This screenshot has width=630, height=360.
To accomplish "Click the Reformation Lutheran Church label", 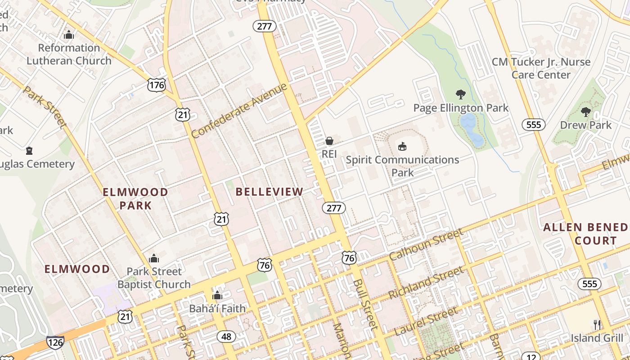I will pyautogui.click(x=69, y=54).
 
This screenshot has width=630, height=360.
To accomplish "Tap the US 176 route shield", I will pyautogui.click(x=157, y=85).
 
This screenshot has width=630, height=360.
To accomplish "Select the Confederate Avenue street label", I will pyautogui.click(x=239, y=111).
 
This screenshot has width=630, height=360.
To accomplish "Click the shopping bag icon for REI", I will pyautogui.click(x=329, y=141).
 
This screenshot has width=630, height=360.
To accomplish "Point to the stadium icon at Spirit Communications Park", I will pyautogui.click(x=402, y=146).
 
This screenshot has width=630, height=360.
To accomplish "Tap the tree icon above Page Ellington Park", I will pyautogui.click(x=460, y=94).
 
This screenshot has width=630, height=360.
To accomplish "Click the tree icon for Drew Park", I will pyautogui.click(x=585, y=112).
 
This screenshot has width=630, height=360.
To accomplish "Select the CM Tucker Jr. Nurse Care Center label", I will pyautogui.click(x=541, y=68).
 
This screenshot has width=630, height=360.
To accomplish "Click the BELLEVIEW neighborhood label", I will pyautogui.click(x=270, y=192).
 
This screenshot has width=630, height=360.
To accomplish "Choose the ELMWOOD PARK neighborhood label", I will pyautogui.click(x=135, y=198).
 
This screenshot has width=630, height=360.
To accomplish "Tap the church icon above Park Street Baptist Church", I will pyautogui.click(x=154, y=258).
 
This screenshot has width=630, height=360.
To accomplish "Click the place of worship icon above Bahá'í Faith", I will pyautogui.click(x=217, y=296).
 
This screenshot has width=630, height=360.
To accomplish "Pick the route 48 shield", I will pyautogui.click(x=226, y=336).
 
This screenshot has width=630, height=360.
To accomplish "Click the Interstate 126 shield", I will pyautogui.click(x=55, y=342).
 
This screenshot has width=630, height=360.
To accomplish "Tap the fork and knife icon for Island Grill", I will pyautogui.click(x=597, y=324).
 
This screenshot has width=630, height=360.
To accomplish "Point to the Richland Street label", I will pyautogui.click(x=425, y=283).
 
